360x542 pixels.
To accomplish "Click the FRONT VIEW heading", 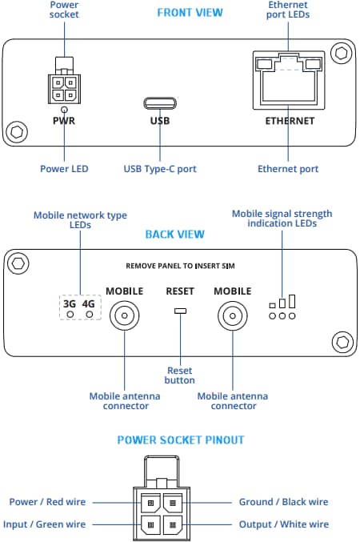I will pos(190,13).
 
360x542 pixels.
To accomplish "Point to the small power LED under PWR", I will pos(62,110).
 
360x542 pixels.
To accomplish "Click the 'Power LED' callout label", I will pos(64,169).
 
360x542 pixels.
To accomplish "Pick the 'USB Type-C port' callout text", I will pos(160,169).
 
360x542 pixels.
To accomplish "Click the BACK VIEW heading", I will pos(174,235).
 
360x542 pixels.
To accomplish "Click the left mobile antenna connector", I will pos(125,316).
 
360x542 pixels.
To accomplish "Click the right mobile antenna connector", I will pos(232,316).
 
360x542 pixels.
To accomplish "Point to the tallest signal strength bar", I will pos(293,301).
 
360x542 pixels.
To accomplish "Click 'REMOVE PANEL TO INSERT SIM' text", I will pos(180,265).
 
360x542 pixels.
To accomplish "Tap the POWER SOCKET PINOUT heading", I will pos(180,440).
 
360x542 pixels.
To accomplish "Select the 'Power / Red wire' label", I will pos(46,502).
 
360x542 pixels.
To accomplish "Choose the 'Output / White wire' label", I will pos(283,524).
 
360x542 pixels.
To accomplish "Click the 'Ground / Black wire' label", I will pos(283,502).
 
